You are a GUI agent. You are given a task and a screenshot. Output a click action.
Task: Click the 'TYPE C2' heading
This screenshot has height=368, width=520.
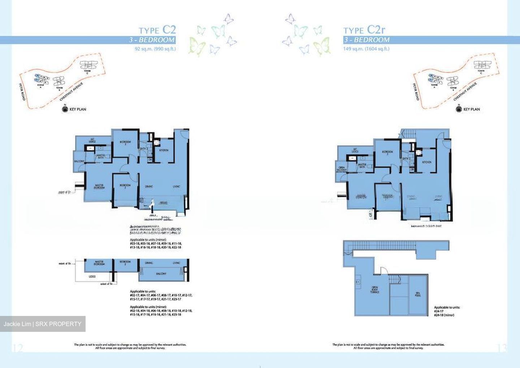click(x=157, y=30)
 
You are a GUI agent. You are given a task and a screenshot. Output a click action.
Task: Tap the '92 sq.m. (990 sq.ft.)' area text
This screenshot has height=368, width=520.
click(x=155, y=49)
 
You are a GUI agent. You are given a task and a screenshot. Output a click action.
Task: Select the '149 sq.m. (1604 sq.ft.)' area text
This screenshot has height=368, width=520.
click(x=366, y=49)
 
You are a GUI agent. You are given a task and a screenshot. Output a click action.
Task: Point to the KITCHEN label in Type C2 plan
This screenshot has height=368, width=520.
click(x=164, y=150)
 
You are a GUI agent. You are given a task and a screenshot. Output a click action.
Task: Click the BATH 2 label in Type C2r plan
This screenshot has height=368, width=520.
click(x=406, y=158)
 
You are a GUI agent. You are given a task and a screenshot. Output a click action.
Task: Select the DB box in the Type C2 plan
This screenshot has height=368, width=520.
click(x=150, y=159)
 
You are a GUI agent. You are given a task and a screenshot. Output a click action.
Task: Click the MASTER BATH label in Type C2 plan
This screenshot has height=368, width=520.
click(x=100, y=156)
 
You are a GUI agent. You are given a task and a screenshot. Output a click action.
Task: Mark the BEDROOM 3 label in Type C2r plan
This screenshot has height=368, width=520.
click(x=387, y=153)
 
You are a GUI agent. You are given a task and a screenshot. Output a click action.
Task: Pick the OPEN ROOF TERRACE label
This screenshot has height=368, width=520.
click(x=374, y=290)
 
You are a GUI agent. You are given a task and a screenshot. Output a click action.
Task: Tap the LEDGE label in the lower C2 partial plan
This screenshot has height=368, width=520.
click(x=92, y=277)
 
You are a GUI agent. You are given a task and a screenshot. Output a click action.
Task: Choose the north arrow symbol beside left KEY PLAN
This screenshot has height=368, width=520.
click(x=65, y=109)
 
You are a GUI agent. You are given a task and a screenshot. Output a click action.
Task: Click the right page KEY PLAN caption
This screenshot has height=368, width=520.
click(x=471, y=109)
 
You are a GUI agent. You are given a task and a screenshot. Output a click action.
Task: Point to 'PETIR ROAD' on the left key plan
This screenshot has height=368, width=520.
click(x=22, y=92)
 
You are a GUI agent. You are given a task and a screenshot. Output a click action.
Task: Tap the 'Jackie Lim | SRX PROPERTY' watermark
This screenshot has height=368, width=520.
click(x=43, y=324)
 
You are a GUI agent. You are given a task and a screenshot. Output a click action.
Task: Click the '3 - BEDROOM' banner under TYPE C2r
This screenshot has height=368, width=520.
click(x=367, y=40)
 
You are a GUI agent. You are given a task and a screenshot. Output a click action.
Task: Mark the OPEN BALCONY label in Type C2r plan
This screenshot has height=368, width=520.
click(x=342, y=169)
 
